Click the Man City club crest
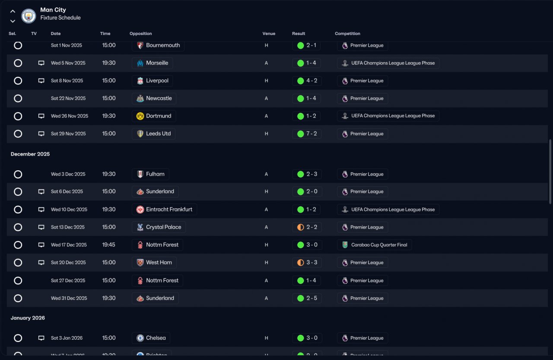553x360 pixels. point(29,16)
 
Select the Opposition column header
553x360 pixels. point(141,34)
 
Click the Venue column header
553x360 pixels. point(268,34)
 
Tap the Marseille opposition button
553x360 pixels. point(153,63)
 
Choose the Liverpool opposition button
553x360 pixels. point(153,81)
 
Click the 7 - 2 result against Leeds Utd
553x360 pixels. point(307,134)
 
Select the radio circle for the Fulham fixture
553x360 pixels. point(18,174)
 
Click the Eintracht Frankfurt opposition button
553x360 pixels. point(164,210)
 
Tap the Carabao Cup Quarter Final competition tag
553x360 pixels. point(374,245)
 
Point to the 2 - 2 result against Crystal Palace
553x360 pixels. point(307,227)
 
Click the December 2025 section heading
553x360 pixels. point(30,154)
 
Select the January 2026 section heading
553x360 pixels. point(28,318)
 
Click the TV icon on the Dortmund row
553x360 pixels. point(41,116)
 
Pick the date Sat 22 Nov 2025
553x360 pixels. point(68,99)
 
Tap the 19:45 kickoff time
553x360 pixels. point(109,245)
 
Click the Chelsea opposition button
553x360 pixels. point(151,338)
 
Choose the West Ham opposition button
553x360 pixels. point(154,263)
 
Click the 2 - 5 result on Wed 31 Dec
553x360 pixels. point(307,298)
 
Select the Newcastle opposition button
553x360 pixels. point(154,99)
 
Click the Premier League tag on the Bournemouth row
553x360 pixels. point(362,45)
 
